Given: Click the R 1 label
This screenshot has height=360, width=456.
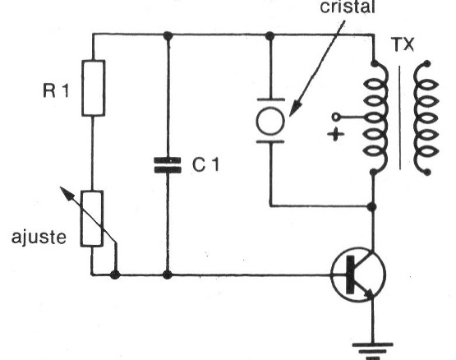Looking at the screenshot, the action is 56,90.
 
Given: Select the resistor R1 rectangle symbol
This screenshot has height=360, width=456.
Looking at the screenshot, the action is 94,88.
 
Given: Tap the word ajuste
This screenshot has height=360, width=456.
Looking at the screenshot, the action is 39,238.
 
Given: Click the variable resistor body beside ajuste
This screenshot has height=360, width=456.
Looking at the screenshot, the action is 92,219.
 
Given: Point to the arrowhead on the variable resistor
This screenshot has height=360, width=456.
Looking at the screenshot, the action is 66,193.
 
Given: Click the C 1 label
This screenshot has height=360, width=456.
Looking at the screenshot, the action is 205,164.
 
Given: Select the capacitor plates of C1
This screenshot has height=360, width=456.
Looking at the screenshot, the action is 168,165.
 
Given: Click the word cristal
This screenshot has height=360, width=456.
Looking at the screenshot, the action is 348,7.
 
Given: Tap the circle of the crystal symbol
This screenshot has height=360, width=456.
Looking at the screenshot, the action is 270,121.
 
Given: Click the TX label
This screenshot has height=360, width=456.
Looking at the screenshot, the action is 403,44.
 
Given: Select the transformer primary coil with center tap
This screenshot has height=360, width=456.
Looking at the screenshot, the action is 376,118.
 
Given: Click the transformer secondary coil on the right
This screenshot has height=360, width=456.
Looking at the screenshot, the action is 426,118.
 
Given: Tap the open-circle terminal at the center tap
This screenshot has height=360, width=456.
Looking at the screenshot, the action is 336,117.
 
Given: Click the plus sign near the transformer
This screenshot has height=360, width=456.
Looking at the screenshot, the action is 336,135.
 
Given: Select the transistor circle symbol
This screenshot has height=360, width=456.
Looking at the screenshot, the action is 358,275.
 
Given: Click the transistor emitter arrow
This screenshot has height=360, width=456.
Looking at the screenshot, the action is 370,293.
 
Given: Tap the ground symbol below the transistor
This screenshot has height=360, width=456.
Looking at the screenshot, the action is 373,351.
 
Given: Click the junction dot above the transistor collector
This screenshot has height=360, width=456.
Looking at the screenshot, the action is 372,207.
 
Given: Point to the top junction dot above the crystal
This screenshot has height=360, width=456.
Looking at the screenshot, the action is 269,36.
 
